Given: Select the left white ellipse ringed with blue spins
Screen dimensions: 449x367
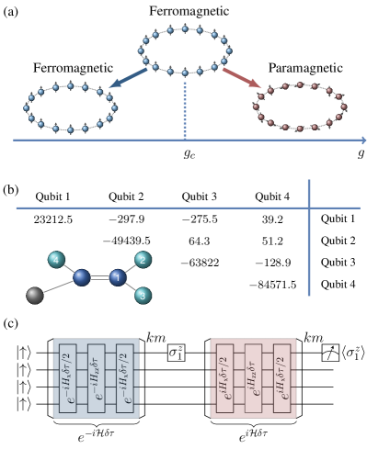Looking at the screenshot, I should [71, 107].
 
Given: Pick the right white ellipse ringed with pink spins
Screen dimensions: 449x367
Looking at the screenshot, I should [300, 106].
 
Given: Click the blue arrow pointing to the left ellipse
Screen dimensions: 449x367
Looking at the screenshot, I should [129, 77].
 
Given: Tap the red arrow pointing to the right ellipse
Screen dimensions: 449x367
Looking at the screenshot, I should [242, 77].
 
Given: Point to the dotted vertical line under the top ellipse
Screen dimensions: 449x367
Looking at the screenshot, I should [185, 110].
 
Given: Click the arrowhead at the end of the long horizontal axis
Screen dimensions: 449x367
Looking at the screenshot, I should [363, 140].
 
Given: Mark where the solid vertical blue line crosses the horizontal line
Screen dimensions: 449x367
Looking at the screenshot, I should [309, 208].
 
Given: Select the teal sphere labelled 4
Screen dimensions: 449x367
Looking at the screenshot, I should [56, 260].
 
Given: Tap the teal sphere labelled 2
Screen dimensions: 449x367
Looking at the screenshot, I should [143, 260].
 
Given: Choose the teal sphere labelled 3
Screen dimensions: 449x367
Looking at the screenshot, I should [143, 295].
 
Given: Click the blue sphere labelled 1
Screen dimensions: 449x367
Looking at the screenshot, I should [117, 277].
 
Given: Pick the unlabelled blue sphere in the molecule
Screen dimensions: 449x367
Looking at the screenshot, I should [81, 277].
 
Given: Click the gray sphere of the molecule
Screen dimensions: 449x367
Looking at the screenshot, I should [35, 295].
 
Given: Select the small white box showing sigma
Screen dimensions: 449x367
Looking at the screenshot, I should [176, 352].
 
